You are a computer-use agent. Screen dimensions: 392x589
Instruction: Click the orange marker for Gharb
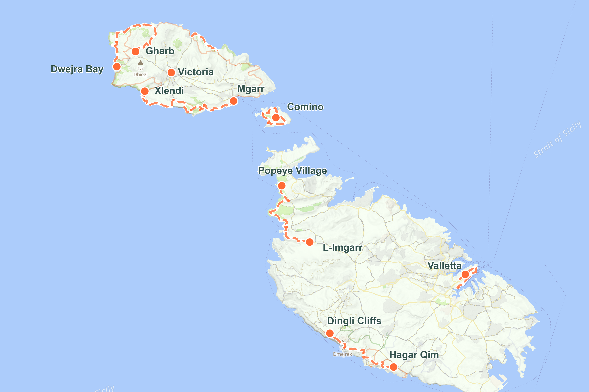(135, 51)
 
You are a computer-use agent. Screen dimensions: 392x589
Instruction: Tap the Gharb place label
(160, 51)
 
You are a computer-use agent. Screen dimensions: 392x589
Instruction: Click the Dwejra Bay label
(77, 69)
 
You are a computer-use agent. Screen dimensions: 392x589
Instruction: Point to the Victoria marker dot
(171, 73)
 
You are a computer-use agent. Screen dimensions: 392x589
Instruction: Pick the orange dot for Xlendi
(145, 91)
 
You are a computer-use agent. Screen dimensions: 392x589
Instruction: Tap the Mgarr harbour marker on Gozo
(234, 101)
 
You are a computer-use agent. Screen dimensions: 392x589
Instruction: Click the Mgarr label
(251, 89)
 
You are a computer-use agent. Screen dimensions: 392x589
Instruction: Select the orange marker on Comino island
(276, 117)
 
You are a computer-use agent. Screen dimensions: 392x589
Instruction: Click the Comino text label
(305, 107)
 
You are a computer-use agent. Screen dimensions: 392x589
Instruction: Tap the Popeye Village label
(292, 171)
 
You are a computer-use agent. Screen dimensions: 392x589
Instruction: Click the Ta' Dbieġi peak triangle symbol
(141, 63)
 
